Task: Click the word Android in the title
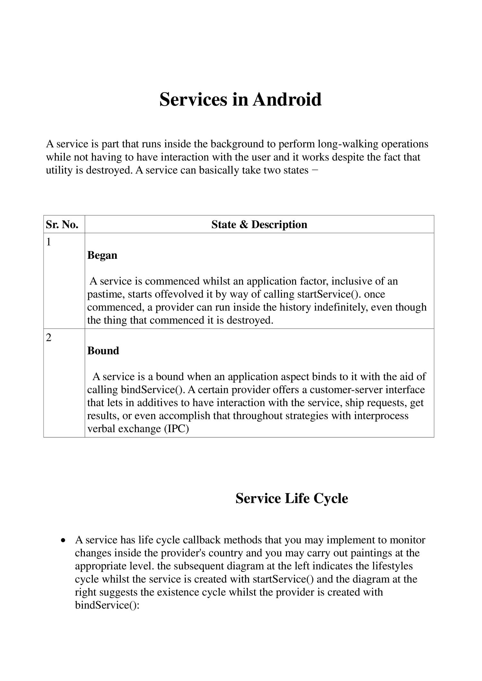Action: tap(287, 100)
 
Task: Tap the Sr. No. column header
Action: tap(62, 224)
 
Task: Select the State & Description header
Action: tap(259, 224)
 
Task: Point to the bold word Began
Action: tap(102, 256)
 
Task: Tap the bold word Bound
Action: tap(103, 351)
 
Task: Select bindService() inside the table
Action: tap(152, 390)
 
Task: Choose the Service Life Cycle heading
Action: tap(291, 498)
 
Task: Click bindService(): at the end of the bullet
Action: tap(107, 606)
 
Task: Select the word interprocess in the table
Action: tap(381, 416)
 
